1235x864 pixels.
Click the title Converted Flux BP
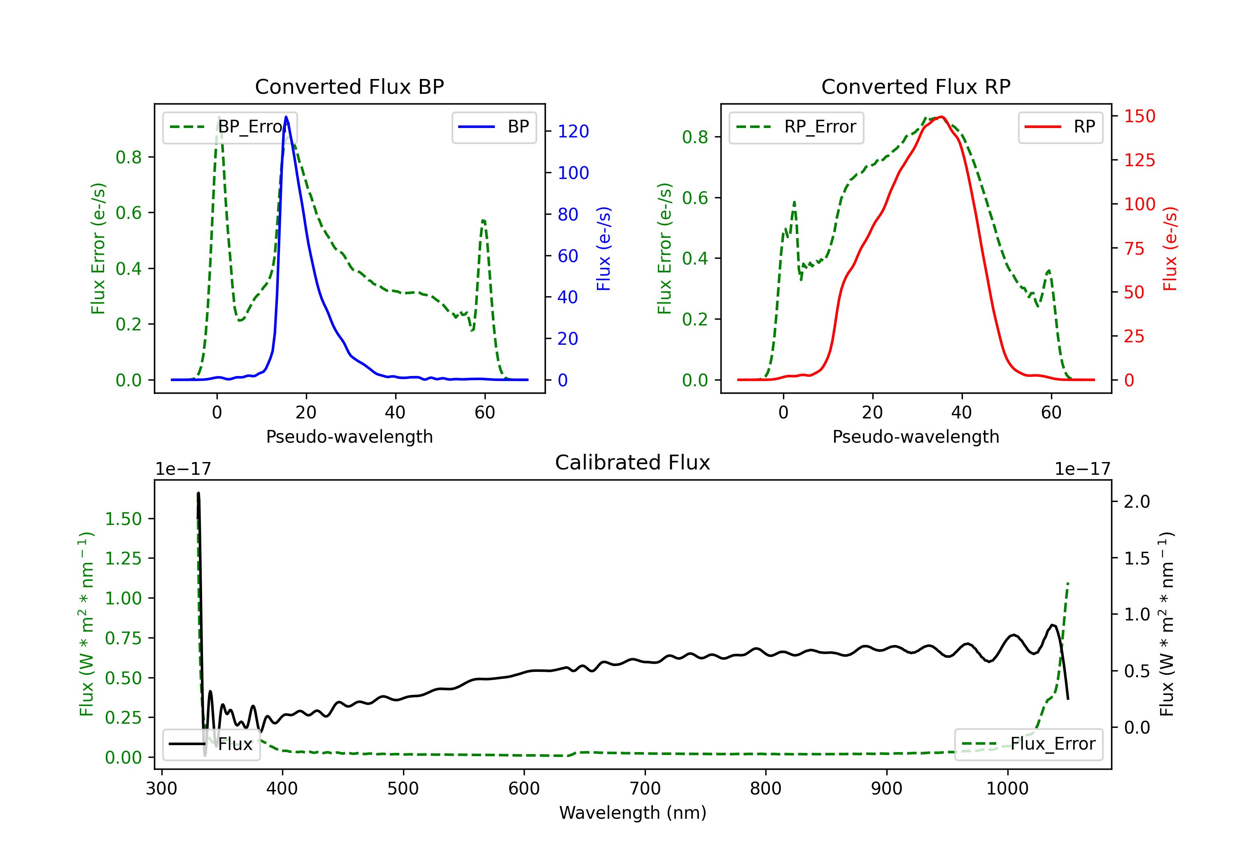(349, 86)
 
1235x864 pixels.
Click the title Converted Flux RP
(916, 86)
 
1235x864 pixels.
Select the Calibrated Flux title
(633, 462)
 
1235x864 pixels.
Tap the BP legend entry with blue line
(494, 127)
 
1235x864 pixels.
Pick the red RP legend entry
(1060, 127)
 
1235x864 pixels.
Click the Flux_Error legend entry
(1028, 744)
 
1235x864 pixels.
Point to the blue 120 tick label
(573, 131)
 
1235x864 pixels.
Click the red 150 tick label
(1140, 116)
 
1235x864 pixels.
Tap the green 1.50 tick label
(123, 519)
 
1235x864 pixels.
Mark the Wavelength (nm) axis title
(633, 813)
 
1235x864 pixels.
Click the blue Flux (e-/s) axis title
(604, 249)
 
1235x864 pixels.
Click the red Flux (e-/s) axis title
(1170, 249)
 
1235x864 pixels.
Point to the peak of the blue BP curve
(286, 117)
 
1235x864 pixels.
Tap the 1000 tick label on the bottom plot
(1007, 789)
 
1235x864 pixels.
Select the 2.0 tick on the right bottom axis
(1137, 502)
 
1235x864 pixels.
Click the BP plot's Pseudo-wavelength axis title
(349, 437)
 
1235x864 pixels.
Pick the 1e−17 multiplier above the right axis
(1082, 469)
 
